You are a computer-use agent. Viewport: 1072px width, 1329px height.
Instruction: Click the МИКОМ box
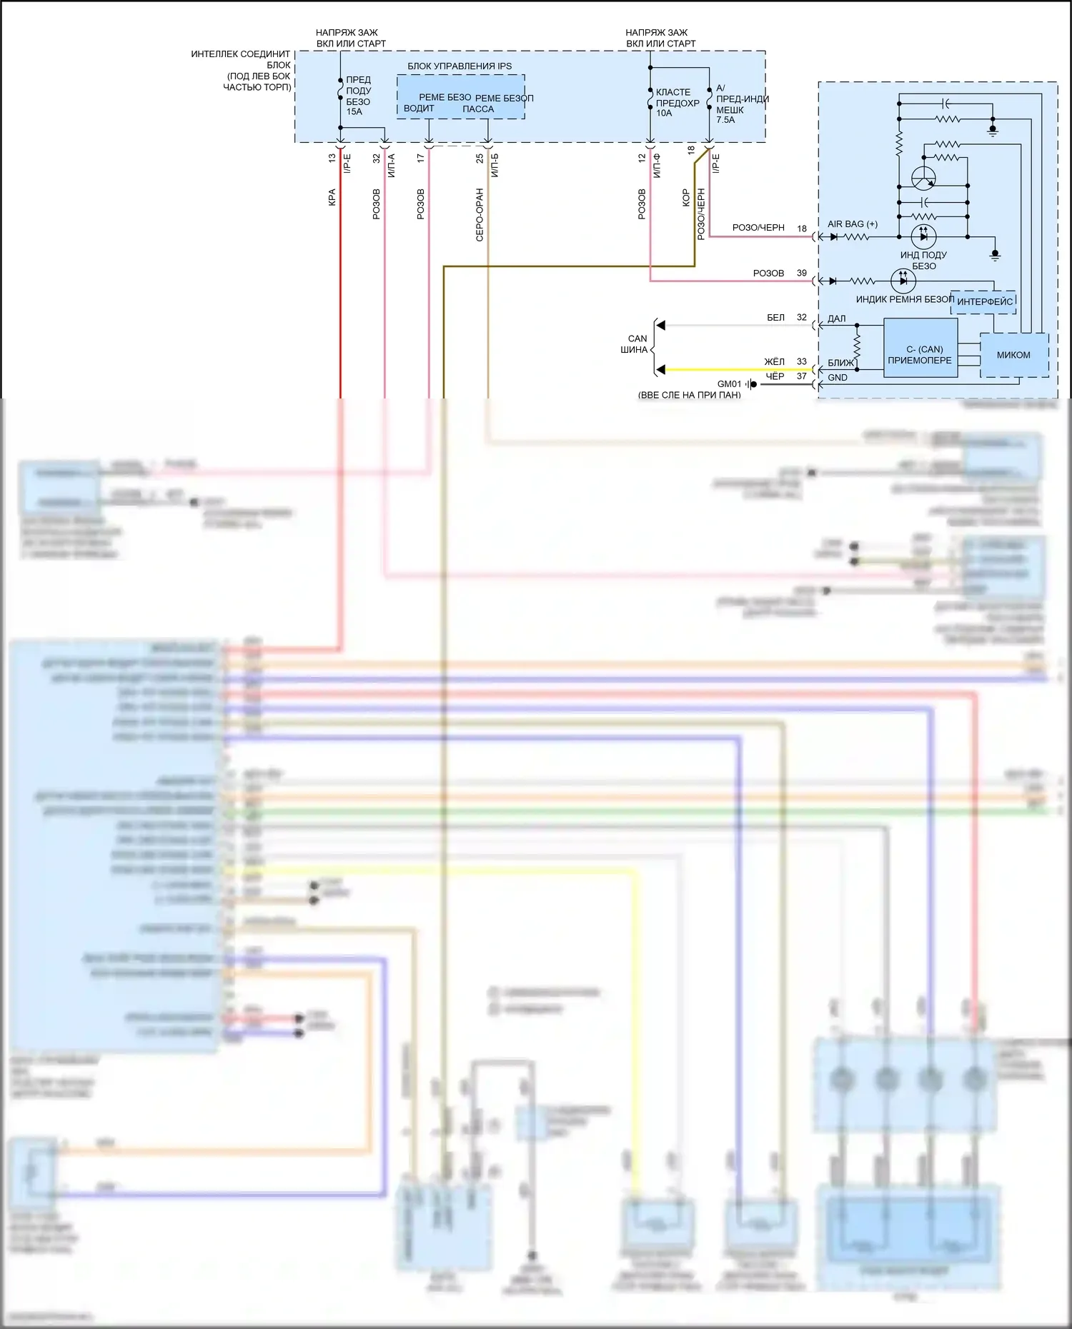(1013, 355)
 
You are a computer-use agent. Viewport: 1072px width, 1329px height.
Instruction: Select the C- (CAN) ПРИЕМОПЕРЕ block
(920, 355)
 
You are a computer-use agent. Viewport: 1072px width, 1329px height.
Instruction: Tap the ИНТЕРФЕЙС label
(984, 302)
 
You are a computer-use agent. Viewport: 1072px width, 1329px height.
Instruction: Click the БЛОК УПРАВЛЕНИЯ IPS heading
(460, 66)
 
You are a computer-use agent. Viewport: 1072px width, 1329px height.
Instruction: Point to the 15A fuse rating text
(354, 112)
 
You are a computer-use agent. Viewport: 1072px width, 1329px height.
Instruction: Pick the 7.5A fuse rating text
(726, 120)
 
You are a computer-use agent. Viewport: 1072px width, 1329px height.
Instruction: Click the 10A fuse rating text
(664, 113)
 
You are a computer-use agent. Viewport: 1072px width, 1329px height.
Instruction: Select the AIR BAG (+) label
(853, 224)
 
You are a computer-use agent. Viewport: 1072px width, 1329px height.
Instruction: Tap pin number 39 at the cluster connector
(802, 274)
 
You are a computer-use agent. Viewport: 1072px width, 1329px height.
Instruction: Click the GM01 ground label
(729, 384)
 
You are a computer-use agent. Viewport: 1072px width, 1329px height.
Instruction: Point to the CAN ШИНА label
(636, 344)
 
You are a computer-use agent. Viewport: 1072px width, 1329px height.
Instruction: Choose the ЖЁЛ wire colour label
(774, 362)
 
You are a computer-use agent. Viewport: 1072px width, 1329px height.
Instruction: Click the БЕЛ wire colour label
(775, 318)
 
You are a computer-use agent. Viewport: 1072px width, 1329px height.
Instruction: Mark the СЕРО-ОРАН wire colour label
(480, 215)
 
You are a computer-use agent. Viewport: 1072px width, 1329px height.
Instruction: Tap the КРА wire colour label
(332, 198)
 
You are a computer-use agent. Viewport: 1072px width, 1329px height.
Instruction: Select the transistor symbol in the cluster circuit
(923, 178)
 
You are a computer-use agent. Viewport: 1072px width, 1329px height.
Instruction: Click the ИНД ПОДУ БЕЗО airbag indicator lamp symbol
(923, 236)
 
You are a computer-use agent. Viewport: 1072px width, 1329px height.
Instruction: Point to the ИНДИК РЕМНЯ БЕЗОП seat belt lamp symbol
(903, 281)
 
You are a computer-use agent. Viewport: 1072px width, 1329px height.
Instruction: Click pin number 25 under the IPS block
(480, 159)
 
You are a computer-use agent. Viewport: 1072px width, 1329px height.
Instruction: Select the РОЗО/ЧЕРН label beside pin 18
(758, 228)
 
